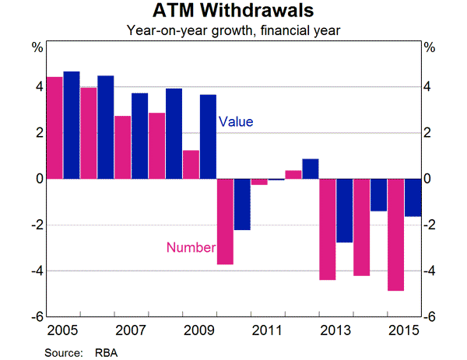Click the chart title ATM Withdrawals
(x=233, y=13)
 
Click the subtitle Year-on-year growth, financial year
(x=233, y=31)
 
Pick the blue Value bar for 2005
(x=72, y=125)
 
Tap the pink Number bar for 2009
(x=191, y=164)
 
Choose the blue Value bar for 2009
(x=208, y=137)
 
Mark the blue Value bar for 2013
(x=344, y=211)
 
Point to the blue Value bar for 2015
(x=412, y=197)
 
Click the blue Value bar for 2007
(x=140, y=136)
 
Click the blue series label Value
(x=236, y=122)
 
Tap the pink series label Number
(x=189, y=248)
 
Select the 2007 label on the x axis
(x=132, y=329)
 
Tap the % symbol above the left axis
(x=37, y=47)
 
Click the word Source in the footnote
(x=63, y=351)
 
